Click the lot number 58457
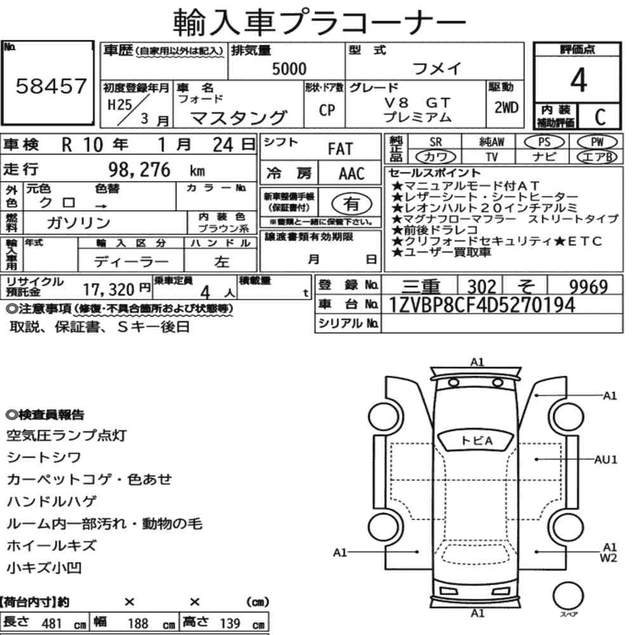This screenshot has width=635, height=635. click(51, 86)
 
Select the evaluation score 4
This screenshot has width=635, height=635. click(578, 80)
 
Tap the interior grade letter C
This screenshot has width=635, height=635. click(600, 117)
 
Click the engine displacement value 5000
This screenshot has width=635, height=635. click(289, 69)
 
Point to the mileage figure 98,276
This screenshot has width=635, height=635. click(139, 170)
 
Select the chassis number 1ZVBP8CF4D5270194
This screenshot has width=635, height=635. click(481, 305)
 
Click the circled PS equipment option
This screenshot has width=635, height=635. click(544, 142)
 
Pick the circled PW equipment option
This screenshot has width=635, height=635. click(597, 142)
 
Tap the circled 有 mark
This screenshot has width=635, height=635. click(352, 203)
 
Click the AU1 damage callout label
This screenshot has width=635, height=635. click(606, 460)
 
